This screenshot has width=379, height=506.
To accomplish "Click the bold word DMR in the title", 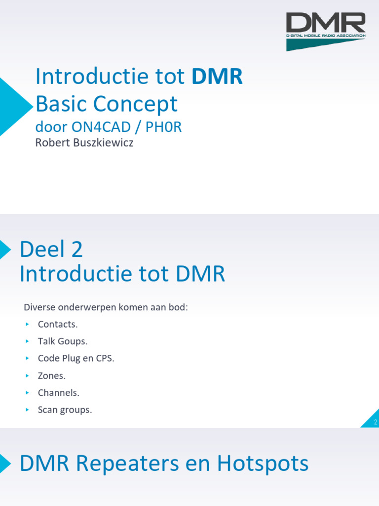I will pyautogui.click(x=217, y=77).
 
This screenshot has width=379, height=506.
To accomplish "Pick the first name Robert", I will pyautogui.click(x=50, y=144).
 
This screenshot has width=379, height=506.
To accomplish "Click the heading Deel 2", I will pyautogui.click(x=51, y=250).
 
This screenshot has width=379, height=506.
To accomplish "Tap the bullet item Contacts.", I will pyautogui.click(x=58, y=324).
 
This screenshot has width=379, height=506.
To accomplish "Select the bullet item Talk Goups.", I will pyautogui.click(x=62, y=341).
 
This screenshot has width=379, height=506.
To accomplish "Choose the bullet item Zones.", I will pyautogui.click(x=51, y=376).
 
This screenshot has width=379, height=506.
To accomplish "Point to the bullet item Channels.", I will pyautogui.click(x=58, y=393).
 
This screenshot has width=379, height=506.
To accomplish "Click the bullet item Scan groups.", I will pyautogui.click(x=65, y=410).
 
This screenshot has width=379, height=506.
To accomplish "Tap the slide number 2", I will pyautogui.click(x=375, y=422).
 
